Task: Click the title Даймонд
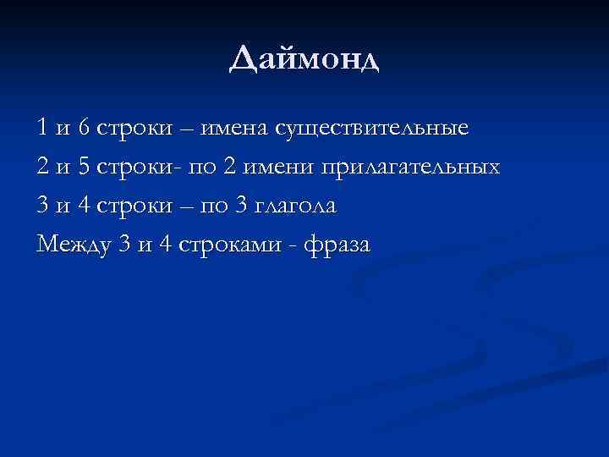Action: [304, 60]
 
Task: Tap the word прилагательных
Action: [409, 168]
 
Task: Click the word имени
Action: [281, 167]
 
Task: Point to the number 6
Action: [83, 128]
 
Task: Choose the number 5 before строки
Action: [83, 167]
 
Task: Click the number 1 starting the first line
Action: [42, 128]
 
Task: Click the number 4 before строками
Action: [164, 245]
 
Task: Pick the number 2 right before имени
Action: [229, 167]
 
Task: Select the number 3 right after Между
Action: [123, 245]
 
